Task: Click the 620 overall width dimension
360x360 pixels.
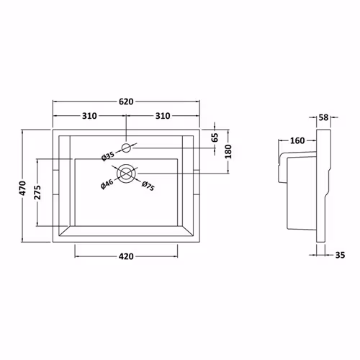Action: [126, 102]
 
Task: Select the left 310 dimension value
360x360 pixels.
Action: [89, 116]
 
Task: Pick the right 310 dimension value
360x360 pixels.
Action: [163, 116]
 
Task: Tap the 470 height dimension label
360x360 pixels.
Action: [23, 188]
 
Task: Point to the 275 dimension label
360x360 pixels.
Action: [37, 192]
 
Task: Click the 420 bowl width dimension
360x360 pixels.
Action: [126, 256]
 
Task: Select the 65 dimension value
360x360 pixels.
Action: [215, 138]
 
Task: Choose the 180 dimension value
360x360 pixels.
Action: [229, 151]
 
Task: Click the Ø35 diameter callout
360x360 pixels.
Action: [108, 156]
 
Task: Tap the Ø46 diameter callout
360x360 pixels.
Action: [107, 184]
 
